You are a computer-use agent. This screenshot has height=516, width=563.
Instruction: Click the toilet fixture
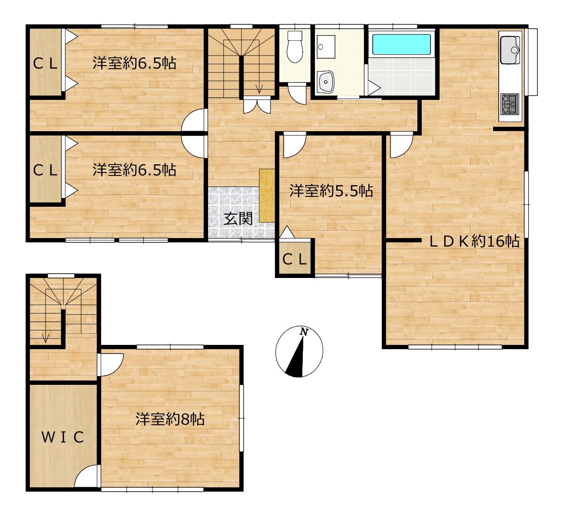coord(295,47)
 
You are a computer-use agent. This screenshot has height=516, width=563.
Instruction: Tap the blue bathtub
coord(401,44)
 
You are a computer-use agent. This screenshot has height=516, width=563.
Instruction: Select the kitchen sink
coord(510,50)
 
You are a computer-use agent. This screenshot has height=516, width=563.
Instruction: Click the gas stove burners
coord(510,104)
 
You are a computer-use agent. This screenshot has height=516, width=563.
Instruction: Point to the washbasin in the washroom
coord(325,81)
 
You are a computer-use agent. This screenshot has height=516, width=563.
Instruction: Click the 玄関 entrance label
coord(238,219)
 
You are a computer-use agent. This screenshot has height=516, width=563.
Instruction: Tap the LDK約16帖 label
coord(474,241)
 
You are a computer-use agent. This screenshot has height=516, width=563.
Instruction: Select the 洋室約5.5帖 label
coord(331,191)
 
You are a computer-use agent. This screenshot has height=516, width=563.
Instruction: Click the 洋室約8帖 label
coord(170,419)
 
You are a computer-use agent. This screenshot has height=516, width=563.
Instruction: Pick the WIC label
coord(63,437)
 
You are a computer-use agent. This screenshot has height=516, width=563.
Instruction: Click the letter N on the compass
coord(303,332)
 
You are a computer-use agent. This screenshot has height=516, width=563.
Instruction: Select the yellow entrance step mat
coord(267,196)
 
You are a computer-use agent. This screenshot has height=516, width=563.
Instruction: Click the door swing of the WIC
coord(87,476)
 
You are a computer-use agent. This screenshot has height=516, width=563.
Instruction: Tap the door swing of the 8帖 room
coord(111,365)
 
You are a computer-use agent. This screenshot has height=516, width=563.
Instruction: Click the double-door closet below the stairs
coord(257,104)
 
